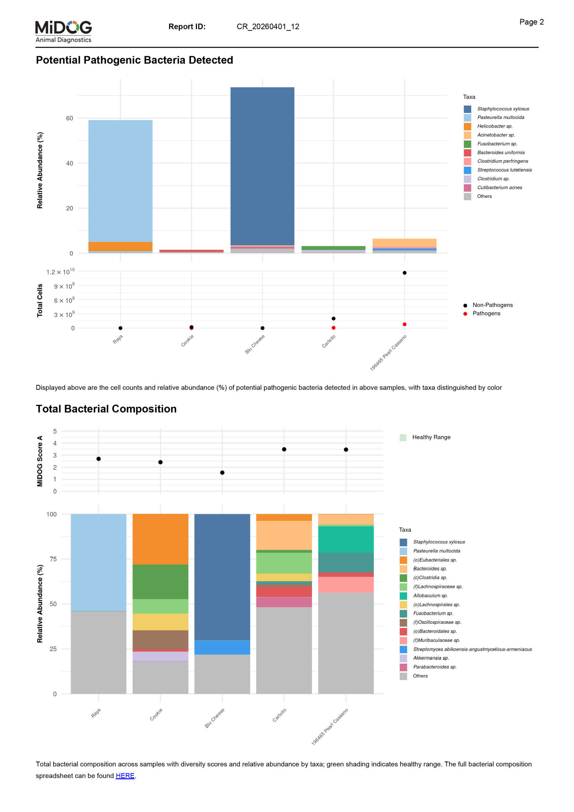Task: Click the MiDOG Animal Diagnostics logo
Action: pyautogui.click(x=63, y=31)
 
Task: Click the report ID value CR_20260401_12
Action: pyautogui.click(x=268, y=27)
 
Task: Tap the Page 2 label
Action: pyautogui.click(x=531, y=22)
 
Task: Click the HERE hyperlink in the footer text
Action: pyautogui.click(x=125, y=776)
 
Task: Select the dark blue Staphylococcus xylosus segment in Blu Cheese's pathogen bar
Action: pyautogui.click(x=262, y=166)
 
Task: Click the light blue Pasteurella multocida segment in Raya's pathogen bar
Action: pyautogui.click(x=120, y=180)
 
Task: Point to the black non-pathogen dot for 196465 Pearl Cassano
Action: pyautogui.click(x=404, y=273)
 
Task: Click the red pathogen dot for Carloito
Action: pyautogui.click(x=333, y=328)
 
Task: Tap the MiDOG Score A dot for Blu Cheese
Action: pyautogui.click(x=222, y=473)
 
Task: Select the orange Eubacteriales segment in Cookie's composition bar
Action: pyautogui.click(x=160, y=539)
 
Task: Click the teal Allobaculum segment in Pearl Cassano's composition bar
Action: pyautogui.click(x=346, y=539)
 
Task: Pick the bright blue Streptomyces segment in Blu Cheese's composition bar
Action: pyautogui.click(x=222, y=647)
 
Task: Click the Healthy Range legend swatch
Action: pyautogui.click(x=403, y=437)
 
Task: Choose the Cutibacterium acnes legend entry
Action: pyautogui.click(x=499, y=187)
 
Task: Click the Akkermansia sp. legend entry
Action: pyautogui.click(x=430, y=658)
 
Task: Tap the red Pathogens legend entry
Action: pyautogui.click(x=486, y=313)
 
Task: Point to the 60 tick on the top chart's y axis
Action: pyautogui.click(x=70, y=118)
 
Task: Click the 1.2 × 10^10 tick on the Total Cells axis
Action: pyautogui.click(x=61, y=272)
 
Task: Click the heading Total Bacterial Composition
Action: pyautogui.click(x=106, y=409)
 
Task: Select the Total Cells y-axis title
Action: pyautogui.click(x=40, y=300)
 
